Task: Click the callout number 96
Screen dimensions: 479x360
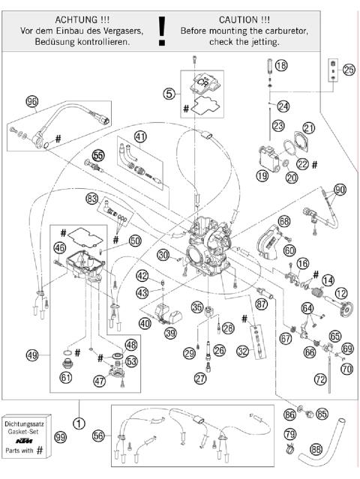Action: [x=31, y=101]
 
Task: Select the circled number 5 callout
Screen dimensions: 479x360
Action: [x=169, y=94]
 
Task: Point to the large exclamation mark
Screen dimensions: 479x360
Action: [x=160, y=30]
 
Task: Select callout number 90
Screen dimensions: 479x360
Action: [x=340, y=190]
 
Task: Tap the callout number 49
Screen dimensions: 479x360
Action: [x=31, y=355]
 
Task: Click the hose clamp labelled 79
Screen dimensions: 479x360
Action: [x=290, y=450]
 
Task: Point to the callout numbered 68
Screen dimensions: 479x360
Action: [x=283, y=221]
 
